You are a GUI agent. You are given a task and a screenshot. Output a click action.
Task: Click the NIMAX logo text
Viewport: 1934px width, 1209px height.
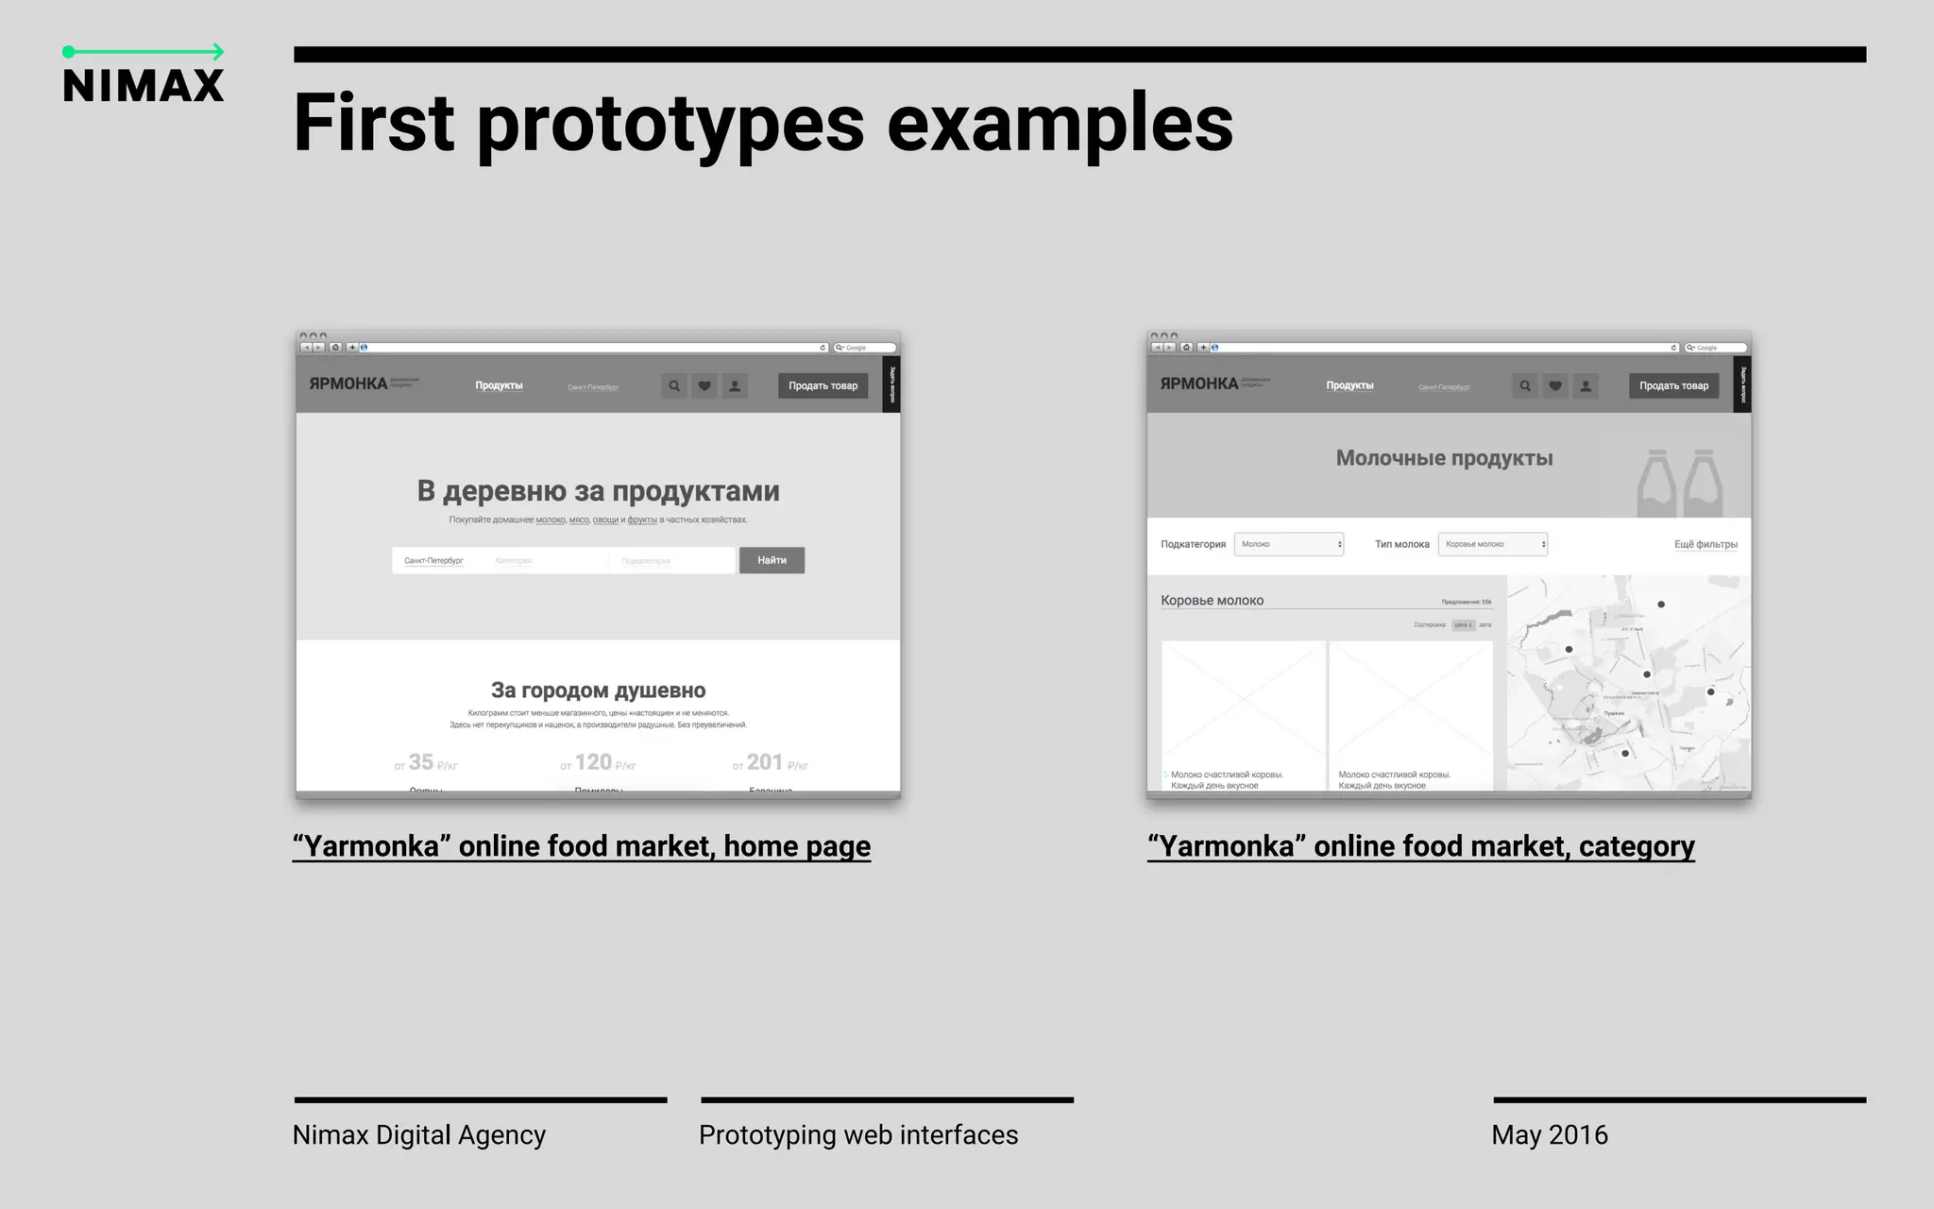[144, 85]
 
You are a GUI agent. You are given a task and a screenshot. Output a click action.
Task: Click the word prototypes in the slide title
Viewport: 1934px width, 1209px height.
[670, 124]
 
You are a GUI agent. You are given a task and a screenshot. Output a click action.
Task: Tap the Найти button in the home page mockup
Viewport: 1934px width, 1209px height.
[772, 560]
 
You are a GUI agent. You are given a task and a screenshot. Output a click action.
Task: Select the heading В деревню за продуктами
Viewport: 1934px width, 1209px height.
[598, 491]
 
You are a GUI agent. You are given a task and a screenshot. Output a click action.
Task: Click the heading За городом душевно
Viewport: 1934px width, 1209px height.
[598, 690]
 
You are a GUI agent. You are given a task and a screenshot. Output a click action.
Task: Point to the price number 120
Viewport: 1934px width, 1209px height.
[593, 762]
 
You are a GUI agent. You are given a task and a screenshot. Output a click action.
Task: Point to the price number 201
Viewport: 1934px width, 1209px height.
[764, 762]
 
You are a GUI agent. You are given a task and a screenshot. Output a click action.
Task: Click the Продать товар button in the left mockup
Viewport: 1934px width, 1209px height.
[823, 385]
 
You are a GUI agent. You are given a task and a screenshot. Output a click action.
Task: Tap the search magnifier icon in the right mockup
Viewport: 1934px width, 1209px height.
[1524, 385]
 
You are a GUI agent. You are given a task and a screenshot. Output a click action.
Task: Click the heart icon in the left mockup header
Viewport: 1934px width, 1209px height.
[704, 385]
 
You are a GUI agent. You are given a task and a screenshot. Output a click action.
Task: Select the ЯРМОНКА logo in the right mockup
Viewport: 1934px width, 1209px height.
[1198, 383]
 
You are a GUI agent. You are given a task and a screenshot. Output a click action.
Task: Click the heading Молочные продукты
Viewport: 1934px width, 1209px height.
[1444, 458]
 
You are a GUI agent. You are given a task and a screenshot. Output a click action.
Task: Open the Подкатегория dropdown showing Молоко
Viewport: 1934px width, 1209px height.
[1288, 544]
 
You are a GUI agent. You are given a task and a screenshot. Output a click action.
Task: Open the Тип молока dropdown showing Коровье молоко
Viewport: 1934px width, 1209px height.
[1492, 544]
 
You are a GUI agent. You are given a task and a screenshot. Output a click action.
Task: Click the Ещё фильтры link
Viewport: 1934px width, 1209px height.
[1705, 544]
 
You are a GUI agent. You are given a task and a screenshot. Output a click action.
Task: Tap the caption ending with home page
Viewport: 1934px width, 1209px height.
[582, 846]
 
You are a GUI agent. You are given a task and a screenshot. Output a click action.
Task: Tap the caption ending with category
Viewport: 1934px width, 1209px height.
[1420, 846]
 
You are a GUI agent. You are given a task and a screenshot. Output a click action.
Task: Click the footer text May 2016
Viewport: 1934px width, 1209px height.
[1550, 1134]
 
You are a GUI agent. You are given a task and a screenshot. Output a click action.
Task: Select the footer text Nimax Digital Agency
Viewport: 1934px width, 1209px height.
[419, 1134]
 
